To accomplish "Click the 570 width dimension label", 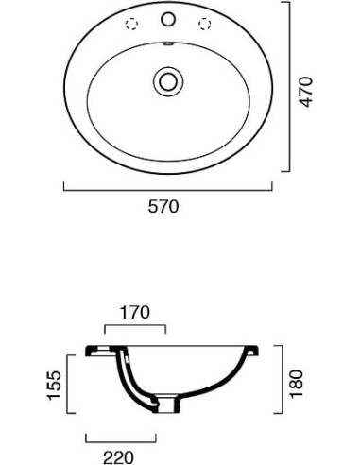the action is coord(163,207).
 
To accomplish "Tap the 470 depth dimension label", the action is coord(306,92).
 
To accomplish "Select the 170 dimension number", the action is coord(135,312).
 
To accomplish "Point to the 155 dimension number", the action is coord(54,386).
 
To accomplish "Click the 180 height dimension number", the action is coord(297,384).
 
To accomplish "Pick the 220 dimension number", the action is coord(118,457).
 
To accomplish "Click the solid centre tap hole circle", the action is coord(168,19).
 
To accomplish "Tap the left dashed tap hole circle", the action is coord(132,24).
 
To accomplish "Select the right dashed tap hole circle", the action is coord(205,24).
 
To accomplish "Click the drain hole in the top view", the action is coord(168,81).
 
